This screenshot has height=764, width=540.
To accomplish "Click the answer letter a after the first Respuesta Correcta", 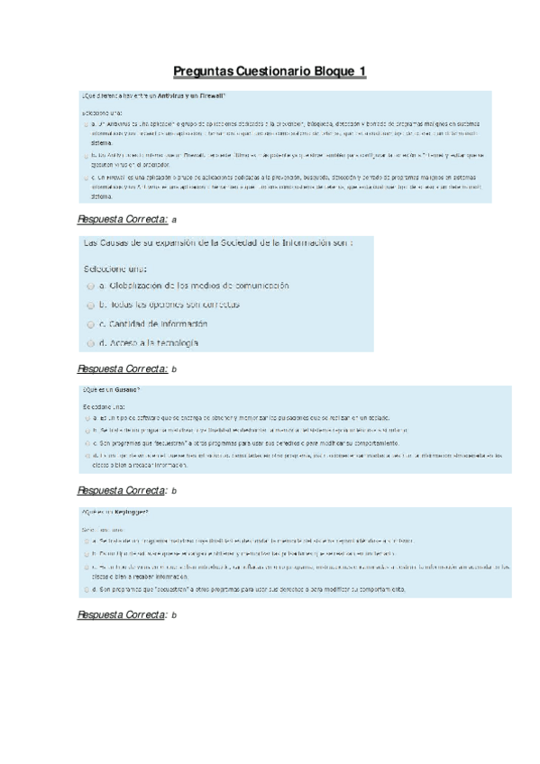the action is [174, 219].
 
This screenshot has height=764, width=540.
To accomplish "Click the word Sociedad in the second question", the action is [231, 244].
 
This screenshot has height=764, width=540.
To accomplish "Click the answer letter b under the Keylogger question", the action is [174, 614].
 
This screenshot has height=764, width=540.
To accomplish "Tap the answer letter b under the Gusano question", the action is [174, 491].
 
